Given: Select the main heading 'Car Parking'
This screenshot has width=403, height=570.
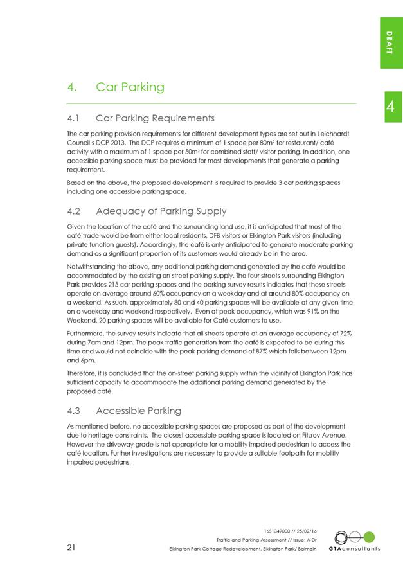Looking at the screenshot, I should click(130, 87).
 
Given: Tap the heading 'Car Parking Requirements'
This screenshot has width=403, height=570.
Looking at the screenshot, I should click(154, 118).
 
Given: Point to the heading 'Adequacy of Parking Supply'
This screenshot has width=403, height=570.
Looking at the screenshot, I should click(161, 211).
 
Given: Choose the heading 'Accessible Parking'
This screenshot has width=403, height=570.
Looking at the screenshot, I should click(138, 411).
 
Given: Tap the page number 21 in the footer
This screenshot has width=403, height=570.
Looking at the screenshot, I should click(72, 548).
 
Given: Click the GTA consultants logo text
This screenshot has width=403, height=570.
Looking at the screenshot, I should click(354, 549).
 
